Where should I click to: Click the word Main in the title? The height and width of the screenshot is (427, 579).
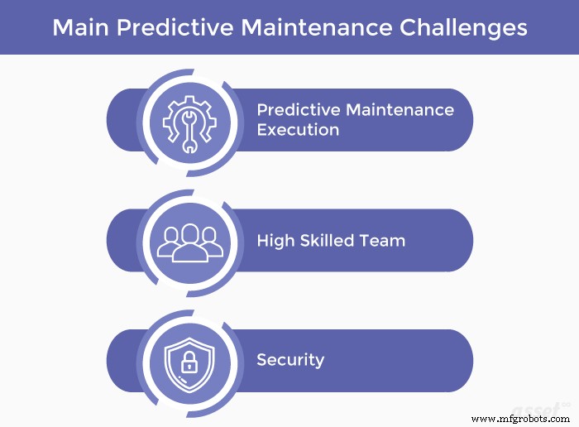(x=78, y=27)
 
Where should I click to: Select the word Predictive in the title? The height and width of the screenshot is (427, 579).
(x=176, y=27)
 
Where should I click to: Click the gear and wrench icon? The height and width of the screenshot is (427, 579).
(x=189, y=121)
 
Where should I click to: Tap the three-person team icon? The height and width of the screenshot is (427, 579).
(x=189, y=242)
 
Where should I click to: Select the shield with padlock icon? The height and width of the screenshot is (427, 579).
(x=189, y=362)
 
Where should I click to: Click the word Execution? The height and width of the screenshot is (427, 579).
(x=298, y=130)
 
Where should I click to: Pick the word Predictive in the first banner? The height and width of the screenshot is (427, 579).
(x=298, y=110)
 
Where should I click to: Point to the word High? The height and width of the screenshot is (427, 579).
(x=275, y=241)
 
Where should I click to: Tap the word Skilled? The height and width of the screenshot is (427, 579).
(x=330, y=241)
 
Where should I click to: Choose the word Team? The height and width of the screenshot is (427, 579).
(x=385, y=241)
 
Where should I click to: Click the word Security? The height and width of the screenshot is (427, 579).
(x=290, y=360)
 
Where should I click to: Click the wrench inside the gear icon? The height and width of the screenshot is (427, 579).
(x=189, y=124)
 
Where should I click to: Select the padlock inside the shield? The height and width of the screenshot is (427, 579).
(x=189, y=364)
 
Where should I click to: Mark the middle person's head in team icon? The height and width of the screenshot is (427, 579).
(x=189, y=233)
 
